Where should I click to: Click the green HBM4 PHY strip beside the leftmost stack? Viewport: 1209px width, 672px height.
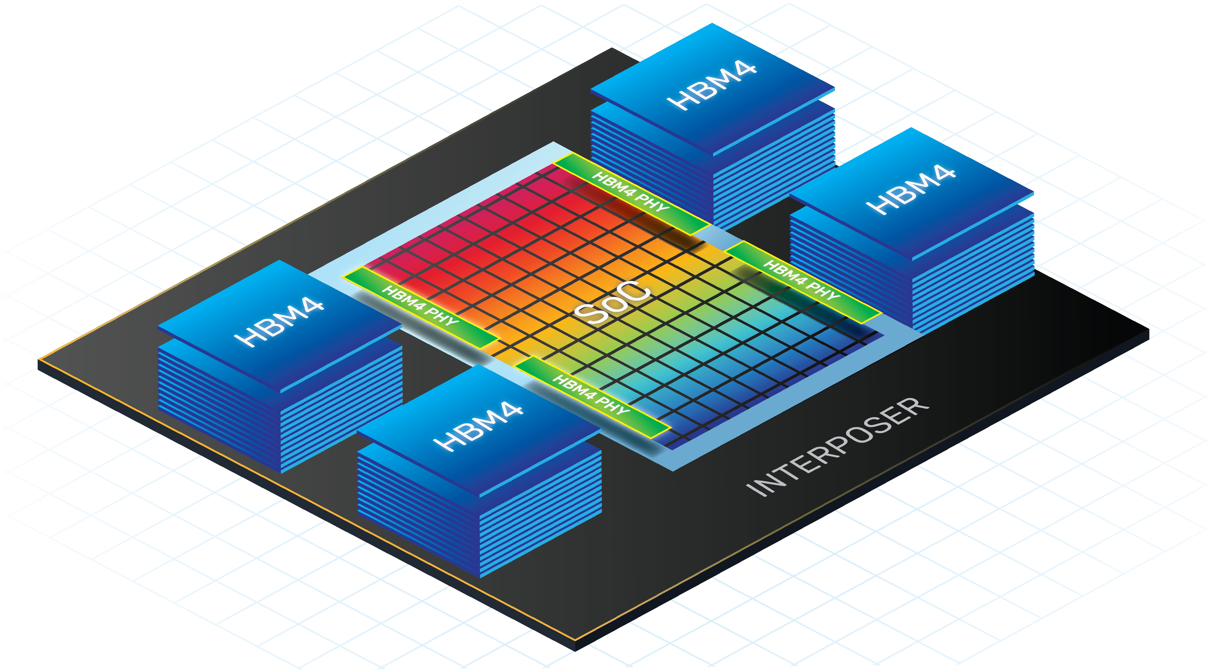click(420, 308)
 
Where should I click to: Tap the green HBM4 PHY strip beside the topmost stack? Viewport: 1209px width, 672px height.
click(631, 193)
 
